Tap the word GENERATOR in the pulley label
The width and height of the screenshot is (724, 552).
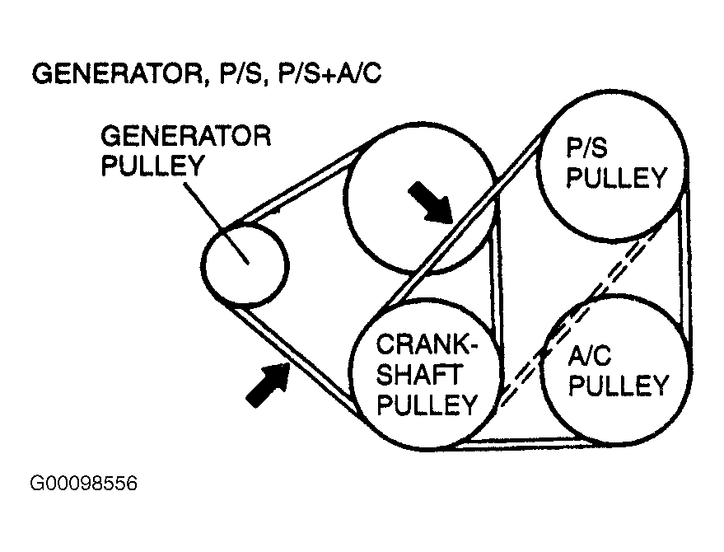(x=186, y=136)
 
